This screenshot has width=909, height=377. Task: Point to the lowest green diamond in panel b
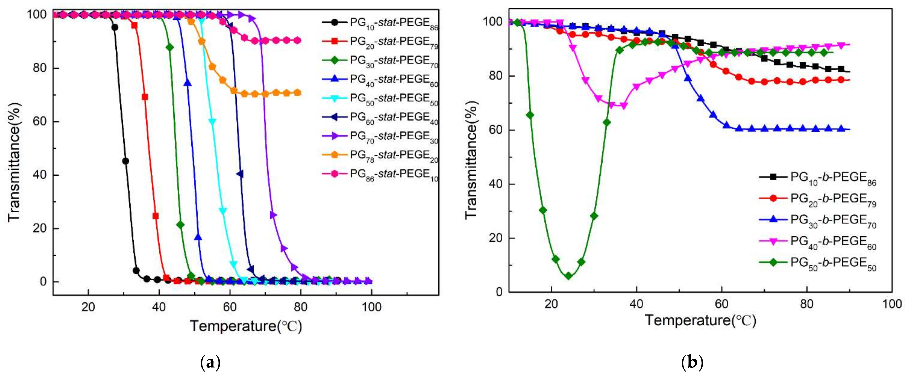pos(568,276)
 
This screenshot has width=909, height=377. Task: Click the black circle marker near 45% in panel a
pos(125,161)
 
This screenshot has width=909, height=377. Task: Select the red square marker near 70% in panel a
pos(145,97)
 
